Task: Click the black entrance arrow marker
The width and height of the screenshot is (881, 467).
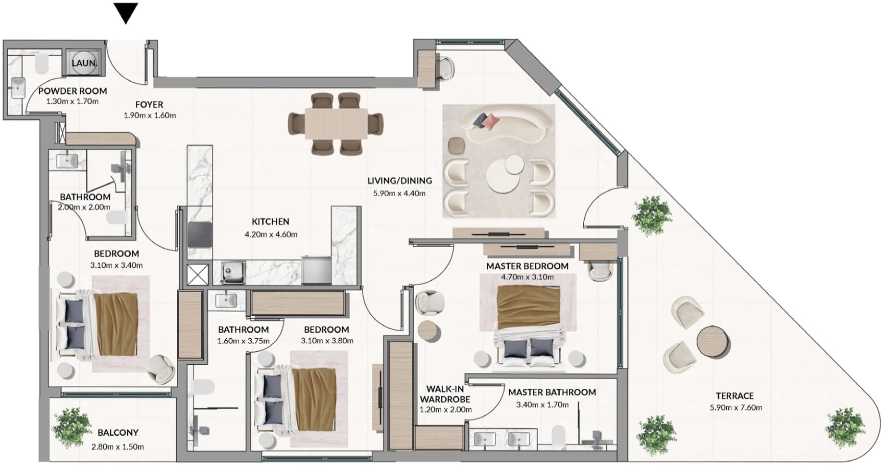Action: [x=126, y=13]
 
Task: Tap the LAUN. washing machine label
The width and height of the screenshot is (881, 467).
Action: [x=84, y=63]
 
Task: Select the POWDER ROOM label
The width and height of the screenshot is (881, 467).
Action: [x=73, y=91]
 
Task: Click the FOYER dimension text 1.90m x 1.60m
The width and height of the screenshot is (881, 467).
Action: [x=150, y=115]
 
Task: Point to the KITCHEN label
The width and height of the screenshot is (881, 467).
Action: [x=270, y=221]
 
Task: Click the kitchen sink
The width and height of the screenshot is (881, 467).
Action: [x=233, y=272]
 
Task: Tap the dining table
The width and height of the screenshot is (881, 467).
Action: [x=336, y=124]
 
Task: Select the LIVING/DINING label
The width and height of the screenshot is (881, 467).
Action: [x=399, y=180]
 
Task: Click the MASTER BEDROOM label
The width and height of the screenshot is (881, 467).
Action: [x=527, y=266]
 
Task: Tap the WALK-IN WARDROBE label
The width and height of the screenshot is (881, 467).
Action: [x=445, y=394]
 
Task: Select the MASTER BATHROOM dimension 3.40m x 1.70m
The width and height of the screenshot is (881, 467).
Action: [x=542, y=405]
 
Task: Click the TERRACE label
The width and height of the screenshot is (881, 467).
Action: [x=734, y=396]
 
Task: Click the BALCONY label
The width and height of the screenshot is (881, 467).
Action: [x=118, y=433]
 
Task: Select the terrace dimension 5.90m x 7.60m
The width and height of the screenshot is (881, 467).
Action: [x=735, y=408]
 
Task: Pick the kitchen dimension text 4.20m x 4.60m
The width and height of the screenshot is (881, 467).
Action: [x=271, y=235]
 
